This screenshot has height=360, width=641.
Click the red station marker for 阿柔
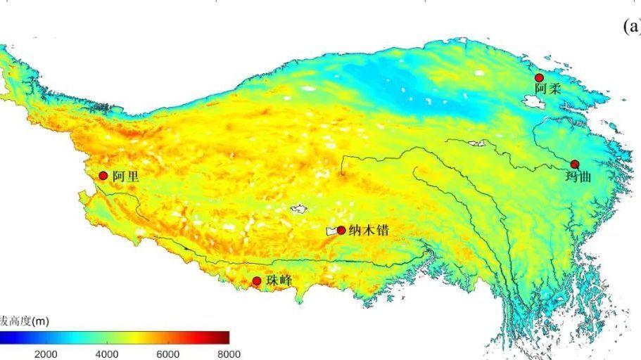point(539,77)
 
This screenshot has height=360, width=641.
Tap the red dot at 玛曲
point(574,164)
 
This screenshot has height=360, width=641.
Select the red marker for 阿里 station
point(103,176)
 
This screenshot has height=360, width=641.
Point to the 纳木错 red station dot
point(341,230)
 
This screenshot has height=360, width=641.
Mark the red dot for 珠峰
point(257,281)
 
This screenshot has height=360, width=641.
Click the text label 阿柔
point(547,89)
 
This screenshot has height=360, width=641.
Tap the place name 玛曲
point(579,176)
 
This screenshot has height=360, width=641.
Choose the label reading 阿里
point(125,176)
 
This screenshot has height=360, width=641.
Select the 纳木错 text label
point(369,231)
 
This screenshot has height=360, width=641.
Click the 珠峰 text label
point(279,281)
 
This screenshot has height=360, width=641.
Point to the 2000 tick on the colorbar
point(46,354)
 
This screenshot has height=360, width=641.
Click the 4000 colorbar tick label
point(107,354)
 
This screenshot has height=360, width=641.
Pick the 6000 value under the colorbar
point(168,354)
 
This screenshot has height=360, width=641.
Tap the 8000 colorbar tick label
point(229,354)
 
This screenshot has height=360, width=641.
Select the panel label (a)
point(632,27)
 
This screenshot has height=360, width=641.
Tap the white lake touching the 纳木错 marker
point(331,231)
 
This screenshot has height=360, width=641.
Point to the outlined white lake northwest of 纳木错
point(299,209)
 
